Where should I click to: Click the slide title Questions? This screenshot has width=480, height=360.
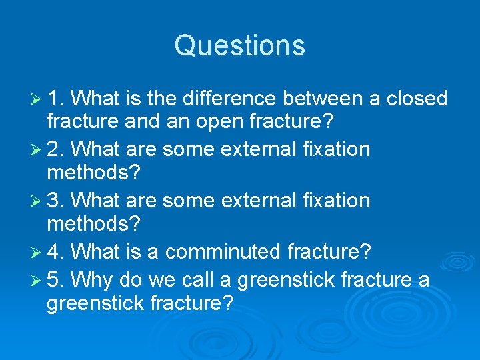click(x=240, y=45)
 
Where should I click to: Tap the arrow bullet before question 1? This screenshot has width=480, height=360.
click(x=37, y=99)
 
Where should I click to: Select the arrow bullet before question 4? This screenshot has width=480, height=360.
click(x=37, y=253)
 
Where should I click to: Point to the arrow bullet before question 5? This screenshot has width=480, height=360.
click(x=37, y=278)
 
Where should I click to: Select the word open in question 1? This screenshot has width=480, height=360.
click(x=220, y=123)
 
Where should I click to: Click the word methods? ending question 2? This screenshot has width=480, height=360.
click(x=93, y=173)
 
